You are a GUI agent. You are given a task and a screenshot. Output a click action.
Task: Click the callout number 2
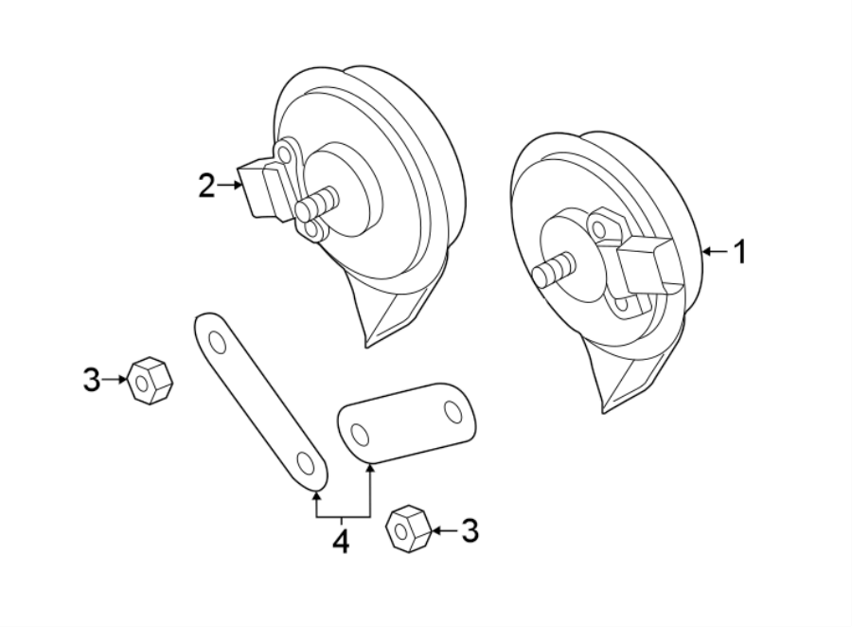pyautogui.click(x=207, y=186)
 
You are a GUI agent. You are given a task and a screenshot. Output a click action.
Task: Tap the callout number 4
pyautogui.click(x=341, y=542)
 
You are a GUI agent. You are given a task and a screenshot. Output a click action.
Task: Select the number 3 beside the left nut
pyautogui.click(x=91, y=380)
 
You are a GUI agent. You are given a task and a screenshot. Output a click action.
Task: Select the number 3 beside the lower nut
pyautogui.click(x=470, y=531)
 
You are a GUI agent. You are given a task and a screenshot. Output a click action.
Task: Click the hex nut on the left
pyautogui.click(x=149, y=381)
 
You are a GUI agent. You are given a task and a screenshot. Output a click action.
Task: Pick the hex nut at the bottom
pyautogui.click(x=408, y=528)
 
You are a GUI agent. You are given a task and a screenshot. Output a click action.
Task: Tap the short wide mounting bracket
pyautogui.click(x=406, y=422)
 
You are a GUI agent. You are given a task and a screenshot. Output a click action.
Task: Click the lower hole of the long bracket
pyautogui.click(x=306, y=462)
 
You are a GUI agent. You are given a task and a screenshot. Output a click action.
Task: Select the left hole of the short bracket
pyautogui.click(x=359, y=433)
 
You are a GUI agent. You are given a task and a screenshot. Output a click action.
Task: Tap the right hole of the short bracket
pyautogui.click(x=453, y=412)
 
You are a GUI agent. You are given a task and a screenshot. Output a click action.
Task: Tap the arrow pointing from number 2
pyautogui.click(x=230, y=186)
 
